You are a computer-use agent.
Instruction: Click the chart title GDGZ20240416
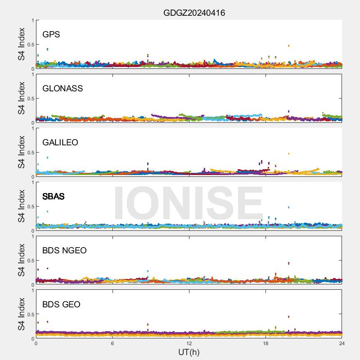[x=194, y=13]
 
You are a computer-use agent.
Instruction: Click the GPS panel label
[x=51, y=35]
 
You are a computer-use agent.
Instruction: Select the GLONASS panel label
[x=63, y=89]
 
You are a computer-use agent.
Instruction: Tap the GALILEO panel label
[x=60, y=143]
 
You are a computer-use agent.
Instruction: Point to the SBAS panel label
[x=54, y=197]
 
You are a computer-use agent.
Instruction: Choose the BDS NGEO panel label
[x=64, y=251]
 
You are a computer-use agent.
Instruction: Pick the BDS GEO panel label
[x=61, y=305]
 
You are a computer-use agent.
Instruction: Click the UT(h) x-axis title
[x=189, y=352]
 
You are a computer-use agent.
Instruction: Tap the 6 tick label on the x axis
[x=112, y=344]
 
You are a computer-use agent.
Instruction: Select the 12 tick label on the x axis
[x=189, y=344]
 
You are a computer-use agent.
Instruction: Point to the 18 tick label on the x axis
[x=265, y=344]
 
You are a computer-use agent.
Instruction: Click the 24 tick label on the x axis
[x=342, y=344]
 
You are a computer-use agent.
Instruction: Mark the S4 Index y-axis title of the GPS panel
[x=22, y=44]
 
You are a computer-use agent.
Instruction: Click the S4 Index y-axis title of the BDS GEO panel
[x=22, y=314]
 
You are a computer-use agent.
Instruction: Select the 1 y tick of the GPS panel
[x=32, y=20]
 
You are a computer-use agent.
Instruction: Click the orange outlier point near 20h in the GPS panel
[x=288, y=46]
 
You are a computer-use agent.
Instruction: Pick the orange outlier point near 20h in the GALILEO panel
[x=288, y=154]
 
